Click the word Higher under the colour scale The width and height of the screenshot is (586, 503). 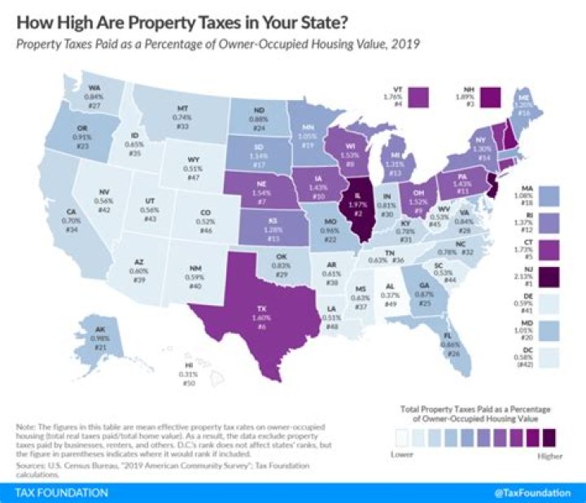549,457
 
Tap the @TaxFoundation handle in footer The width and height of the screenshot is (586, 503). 531,492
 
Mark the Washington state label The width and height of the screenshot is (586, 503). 94,96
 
